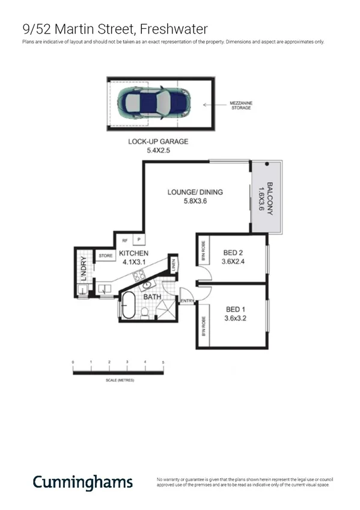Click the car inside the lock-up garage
(x=154, y=102)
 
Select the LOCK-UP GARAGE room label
(x=158, y=142)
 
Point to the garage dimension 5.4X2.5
(x=159, y=150)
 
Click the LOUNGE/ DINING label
(x=195, y=192)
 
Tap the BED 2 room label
(x=234, y=252)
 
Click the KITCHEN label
(x=134, y=254)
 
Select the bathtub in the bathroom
(x=128, y=306)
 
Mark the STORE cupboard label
(x=106, y=256)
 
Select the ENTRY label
(x=187, y=301)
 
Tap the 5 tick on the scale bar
(x=163, y=363)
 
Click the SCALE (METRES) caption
(x=117, y=381)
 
